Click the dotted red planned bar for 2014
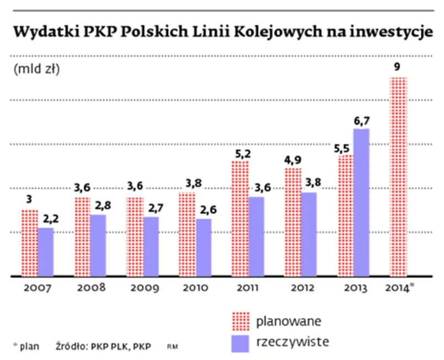pyautogui.click(x=398, y=176)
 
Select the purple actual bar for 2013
pyautogui.click(x=362, y=202)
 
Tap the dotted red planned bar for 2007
pyautogui.click(x=29, y=243)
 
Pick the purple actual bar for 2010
pyautogui.click(x=204, y=248)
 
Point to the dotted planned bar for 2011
pyautogui.click(x=240, y=218)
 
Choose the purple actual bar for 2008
pyautogui.click(x=98, y=245)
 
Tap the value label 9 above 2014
pyautogui.click(x=397, y=68)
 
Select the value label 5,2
pyautogui.click(x=239, y=153)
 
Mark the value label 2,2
pyautogui.click(x=46, y=219)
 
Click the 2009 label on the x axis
pyautogui.click(x=144, y=288)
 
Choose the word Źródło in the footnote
pyautogui.click(x=71, y=346)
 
